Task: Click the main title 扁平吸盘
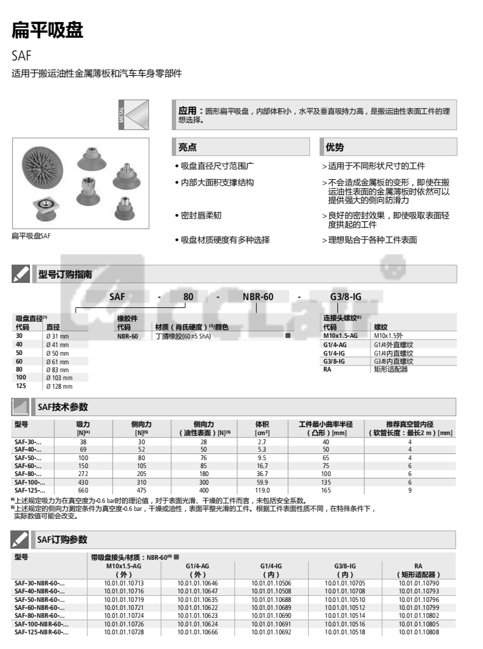point(47,31)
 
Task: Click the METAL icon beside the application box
point(133,115)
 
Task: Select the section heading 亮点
point(187,147)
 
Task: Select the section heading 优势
point(334,147)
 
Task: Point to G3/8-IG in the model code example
point(345,296)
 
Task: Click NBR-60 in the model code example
point(258,296)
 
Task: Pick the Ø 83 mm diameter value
point(58,370)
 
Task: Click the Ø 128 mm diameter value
point(59,386)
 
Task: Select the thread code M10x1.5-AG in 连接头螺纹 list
point(340,335)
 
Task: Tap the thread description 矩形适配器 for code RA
point(391,369)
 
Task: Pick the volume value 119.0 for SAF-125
point(262,490)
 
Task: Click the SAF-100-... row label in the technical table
point(29,482)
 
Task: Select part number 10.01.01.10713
point(124,583)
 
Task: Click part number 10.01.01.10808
point(419,632)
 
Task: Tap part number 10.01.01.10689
point(271,607)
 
